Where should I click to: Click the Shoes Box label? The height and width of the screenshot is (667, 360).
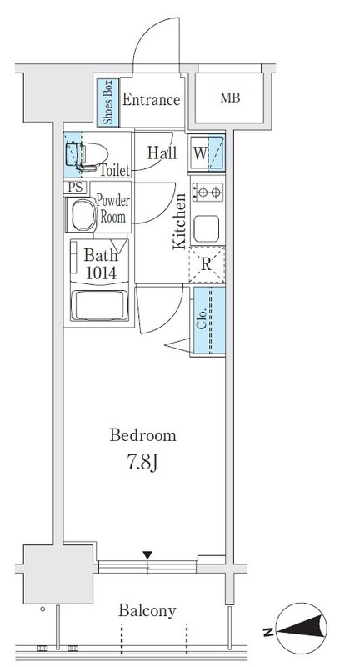tap(107, 102)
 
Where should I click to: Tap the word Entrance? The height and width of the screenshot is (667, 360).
tap(152, 100)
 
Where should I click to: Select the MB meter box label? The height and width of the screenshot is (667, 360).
tap(230, 98)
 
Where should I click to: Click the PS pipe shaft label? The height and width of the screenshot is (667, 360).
tap(76, 187)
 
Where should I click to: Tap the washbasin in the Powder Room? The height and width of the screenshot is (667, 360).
tap(83, 215)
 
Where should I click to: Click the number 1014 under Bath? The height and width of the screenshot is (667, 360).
tap(101, 273)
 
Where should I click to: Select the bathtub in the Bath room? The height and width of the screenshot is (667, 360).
tap(99, 305)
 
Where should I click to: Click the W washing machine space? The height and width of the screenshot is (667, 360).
tap(207, 153)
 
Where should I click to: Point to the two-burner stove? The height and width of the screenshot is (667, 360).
tap(207, 193)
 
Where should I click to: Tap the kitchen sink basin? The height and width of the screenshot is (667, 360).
tap(207, 228)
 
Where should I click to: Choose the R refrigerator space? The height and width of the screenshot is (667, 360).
tap(207, 264)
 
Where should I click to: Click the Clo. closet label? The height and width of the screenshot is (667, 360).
tap(202, 318)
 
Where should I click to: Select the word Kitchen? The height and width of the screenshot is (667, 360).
tap(179, 221)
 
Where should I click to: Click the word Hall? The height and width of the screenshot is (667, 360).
tap(162, 153)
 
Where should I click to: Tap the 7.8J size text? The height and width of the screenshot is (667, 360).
tap(142, 463)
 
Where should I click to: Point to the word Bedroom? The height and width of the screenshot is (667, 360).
tap(142, 435)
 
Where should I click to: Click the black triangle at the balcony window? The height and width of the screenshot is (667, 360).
tap(147, 555)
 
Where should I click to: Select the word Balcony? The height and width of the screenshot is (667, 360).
tap(147, 611)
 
